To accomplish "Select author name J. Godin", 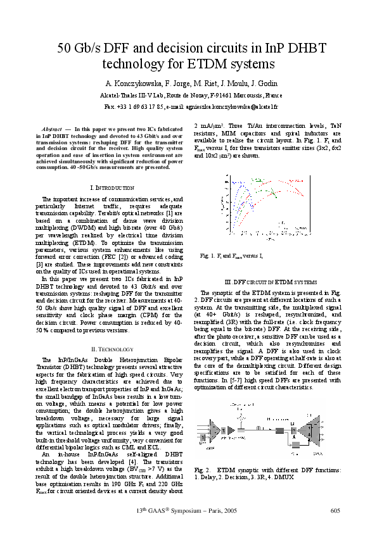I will click(261, 84).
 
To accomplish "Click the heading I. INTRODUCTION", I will click(112, 188).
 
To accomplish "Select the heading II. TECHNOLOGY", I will click(112, 349).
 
